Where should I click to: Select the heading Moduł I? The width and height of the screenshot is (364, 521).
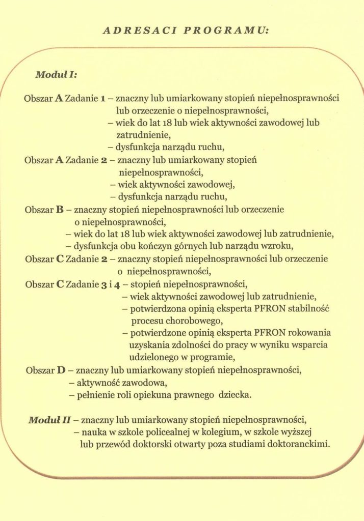pyautogui.click(x=55, y=74)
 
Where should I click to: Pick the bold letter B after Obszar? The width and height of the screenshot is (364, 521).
pyautogui.click(x=59, y=209)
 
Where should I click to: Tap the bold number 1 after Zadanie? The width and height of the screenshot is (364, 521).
pyautogui.click(x=103, y=98)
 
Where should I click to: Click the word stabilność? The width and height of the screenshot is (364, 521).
pyautogui.click(x=309, y=309)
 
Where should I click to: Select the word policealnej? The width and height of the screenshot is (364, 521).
pyautogui.click(x=154, y=432)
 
